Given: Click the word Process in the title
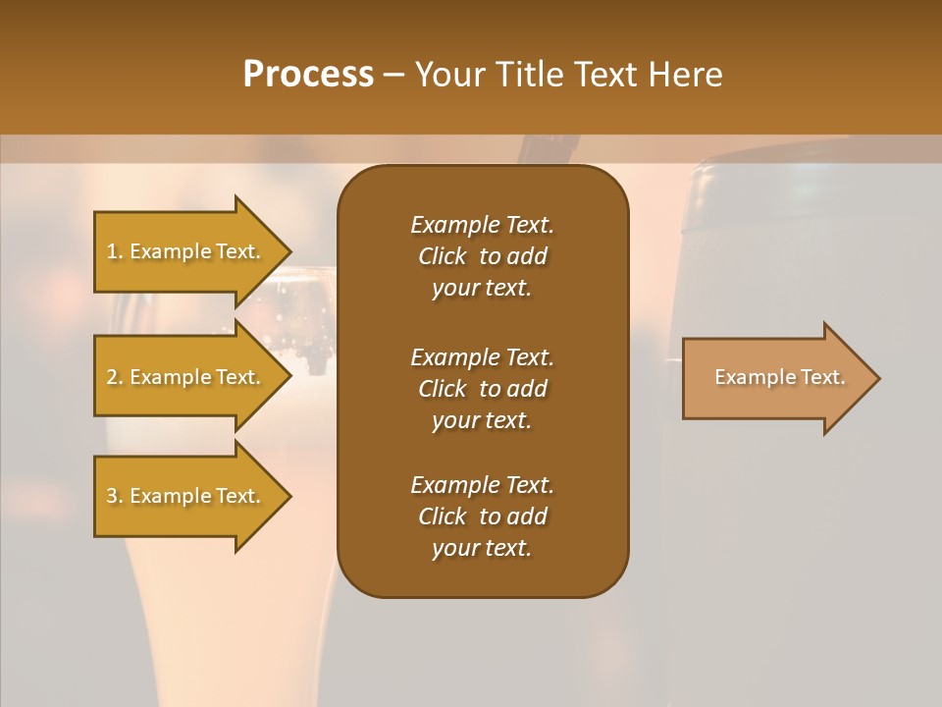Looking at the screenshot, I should [x=308, y=75].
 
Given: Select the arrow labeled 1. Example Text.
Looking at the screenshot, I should [x=186, y=251].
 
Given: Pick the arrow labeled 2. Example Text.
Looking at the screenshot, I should [x=186, y=377].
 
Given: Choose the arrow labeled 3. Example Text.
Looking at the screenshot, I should [x=186, y=496].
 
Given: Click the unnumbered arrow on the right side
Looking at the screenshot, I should [x=775, y=378].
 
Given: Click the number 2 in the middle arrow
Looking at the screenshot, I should [x=112, y=377].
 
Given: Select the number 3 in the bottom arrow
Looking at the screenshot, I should [x=112, y=496].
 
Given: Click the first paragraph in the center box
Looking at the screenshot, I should [x=482, y=256].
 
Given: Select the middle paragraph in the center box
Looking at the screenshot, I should [x=482, y=388].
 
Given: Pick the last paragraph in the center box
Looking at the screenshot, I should [x=482, y=517].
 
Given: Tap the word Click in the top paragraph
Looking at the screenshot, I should [x=443, y=256].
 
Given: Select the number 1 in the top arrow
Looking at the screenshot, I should [x=112, y=251].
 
